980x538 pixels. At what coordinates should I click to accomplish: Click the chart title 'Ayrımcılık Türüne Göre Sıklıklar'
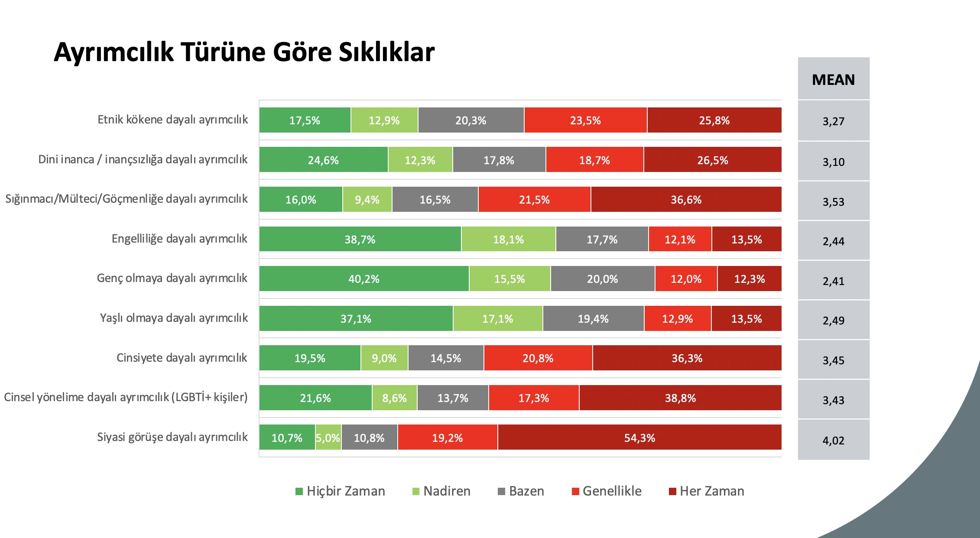pos(244,52)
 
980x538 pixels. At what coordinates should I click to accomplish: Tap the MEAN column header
pos(833,80)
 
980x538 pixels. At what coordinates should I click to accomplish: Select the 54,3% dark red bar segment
pos(639,438)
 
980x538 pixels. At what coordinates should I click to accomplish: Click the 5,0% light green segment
pos(328,438)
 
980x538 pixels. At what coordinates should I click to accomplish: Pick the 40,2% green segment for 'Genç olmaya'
pos(364,279)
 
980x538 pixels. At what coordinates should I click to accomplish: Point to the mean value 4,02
pos(833,441)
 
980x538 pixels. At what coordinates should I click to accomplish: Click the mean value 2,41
pos(833,281)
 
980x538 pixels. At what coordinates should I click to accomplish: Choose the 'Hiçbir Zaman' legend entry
pos(341,491)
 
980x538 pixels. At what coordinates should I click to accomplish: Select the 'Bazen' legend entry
pos(521,491)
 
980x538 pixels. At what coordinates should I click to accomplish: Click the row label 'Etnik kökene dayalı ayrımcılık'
pos(172,120)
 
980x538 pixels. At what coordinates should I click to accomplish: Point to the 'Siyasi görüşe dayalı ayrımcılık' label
pos(172,437)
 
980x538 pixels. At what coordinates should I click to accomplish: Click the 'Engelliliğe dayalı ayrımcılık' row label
pos(179,239)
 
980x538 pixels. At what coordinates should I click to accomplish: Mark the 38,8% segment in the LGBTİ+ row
pos(680,398)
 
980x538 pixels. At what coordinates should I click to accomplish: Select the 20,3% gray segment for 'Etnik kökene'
pos(471,120)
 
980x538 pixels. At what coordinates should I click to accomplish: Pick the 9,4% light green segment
pos(367,200)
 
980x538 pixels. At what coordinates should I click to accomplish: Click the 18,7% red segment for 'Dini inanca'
pos(594,160)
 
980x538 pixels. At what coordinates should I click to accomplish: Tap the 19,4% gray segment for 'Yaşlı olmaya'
pos(593,319)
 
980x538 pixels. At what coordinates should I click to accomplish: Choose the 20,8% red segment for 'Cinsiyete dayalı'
pos(538,358)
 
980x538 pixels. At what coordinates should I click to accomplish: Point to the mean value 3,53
pos(833,202)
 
